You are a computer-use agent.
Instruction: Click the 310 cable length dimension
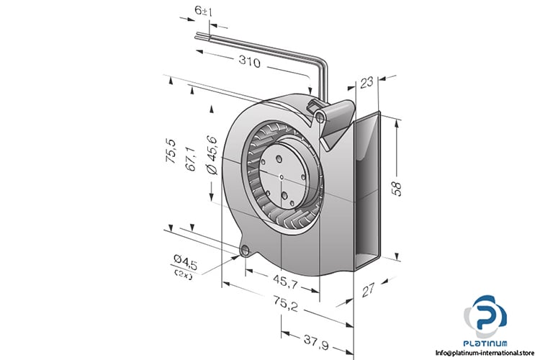pos(250,62)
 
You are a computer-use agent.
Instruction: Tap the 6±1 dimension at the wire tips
pos(203,12)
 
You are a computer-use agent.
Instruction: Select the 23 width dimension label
pos(366,83)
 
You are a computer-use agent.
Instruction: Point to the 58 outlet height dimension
pos(397,189)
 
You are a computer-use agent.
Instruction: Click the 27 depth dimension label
pos(368,290)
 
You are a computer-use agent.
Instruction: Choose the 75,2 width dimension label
pos(286,304)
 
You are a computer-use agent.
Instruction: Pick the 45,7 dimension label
pos(286,282)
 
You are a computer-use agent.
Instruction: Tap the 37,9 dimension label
pos(316,343)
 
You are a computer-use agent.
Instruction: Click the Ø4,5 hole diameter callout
pos(185,262)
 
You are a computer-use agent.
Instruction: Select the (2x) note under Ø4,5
pos(184,274)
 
